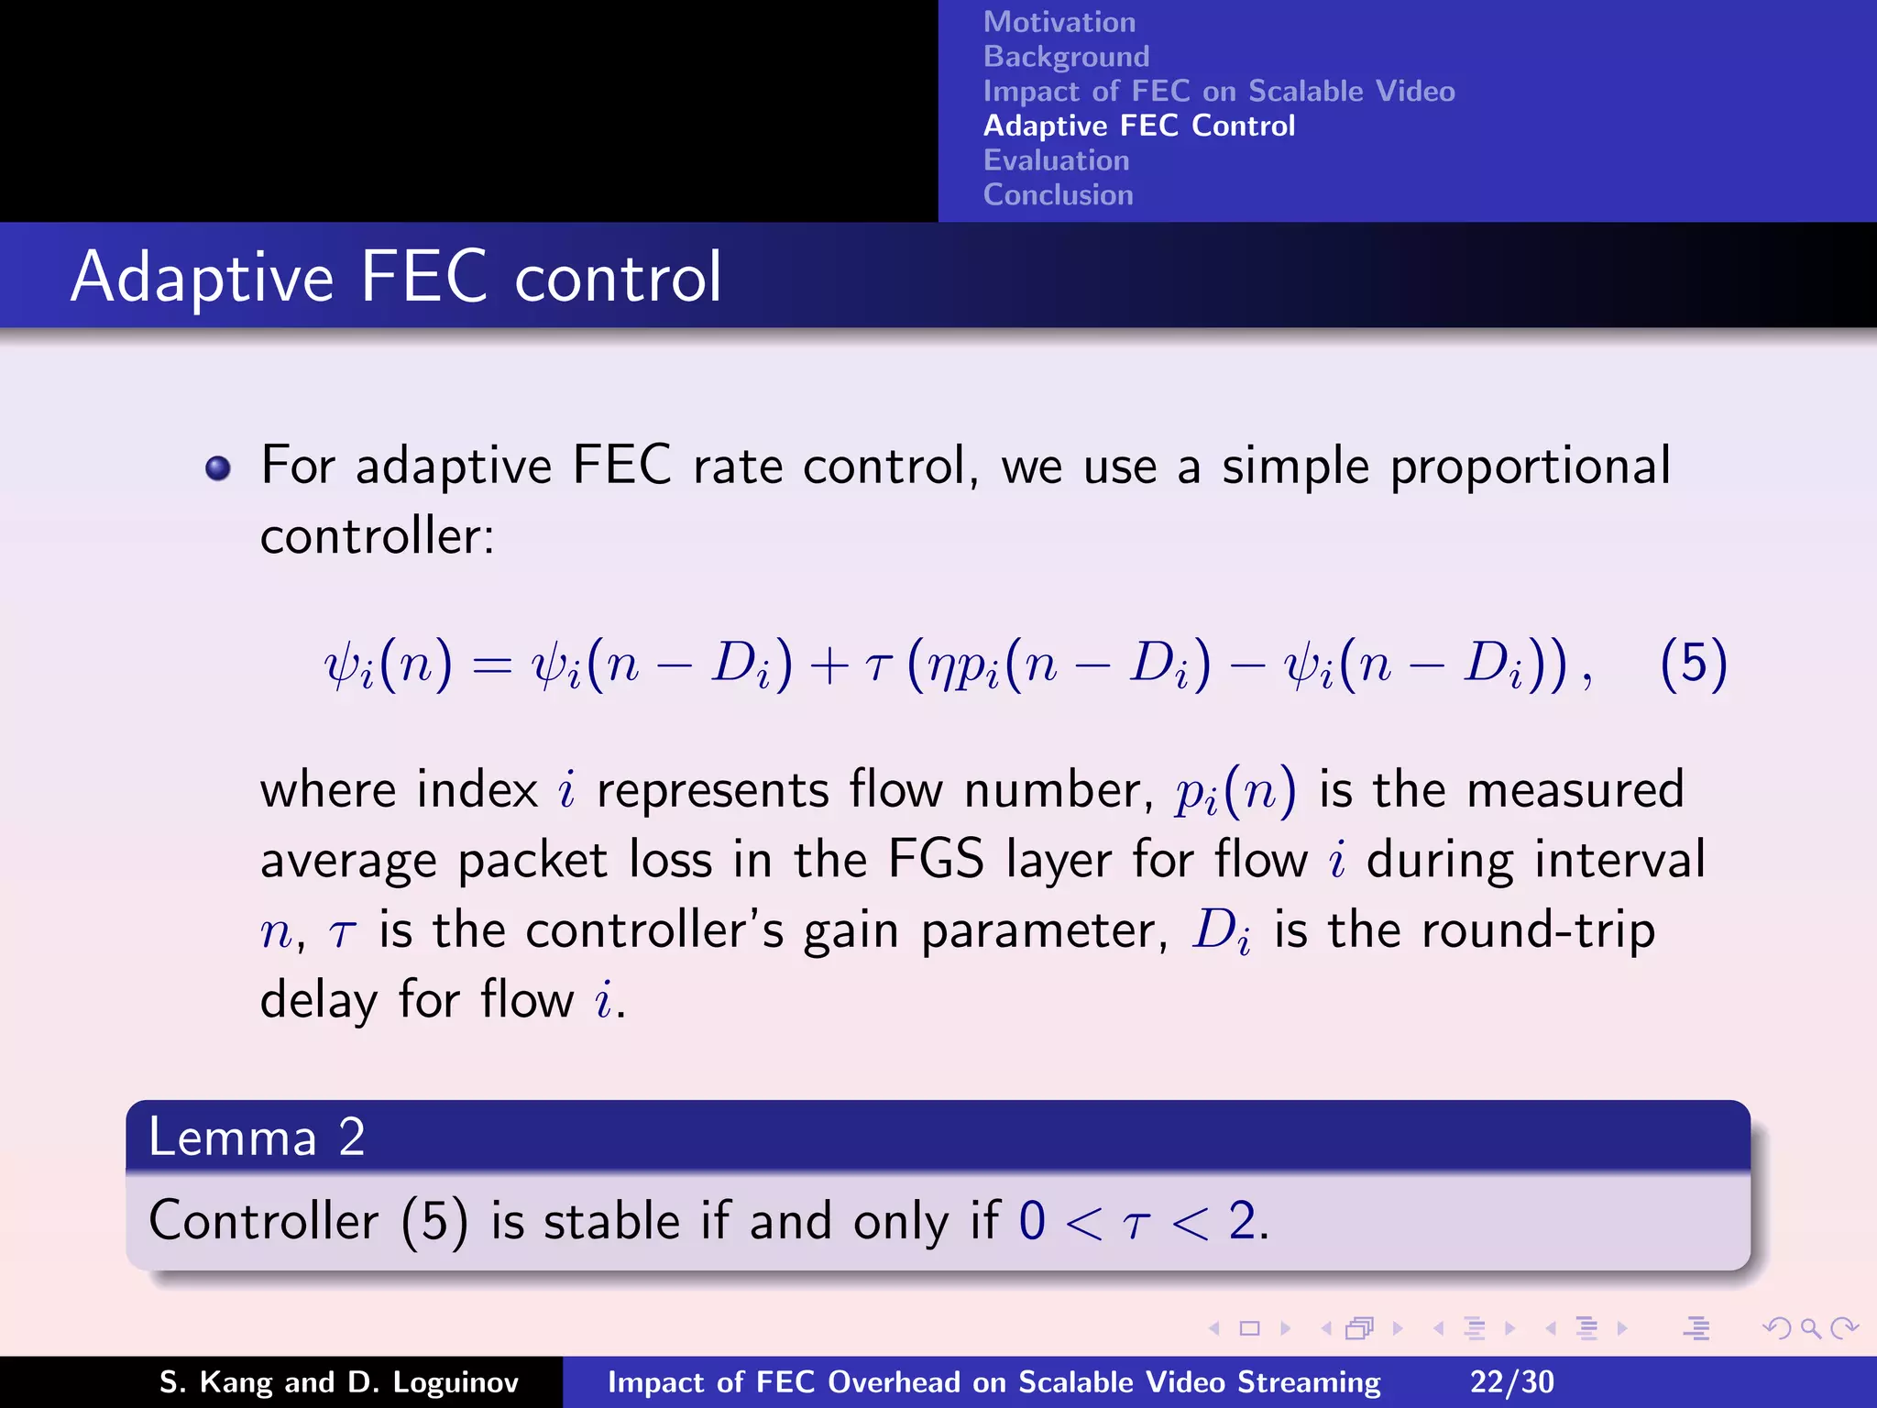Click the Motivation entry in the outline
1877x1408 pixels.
point(1059,22)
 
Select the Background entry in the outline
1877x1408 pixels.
point(1066,57)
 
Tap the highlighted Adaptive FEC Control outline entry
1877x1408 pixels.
point(1138,126)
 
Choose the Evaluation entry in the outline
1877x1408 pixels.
point(1056,160)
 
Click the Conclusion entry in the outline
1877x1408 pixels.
point(1058,195)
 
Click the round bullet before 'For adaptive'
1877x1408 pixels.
point(218,469)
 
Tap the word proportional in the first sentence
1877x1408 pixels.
point(1530,467)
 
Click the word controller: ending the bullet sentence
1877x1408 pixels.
point(377,536)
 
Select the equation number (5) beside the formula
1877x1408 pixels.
point(1693,664)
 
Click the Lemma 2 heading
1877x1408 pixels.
point(257,1137)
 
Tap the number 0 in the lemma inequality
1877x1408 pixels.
point(1032,1221)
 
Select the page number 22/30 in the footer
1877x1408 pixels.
point(1511,1381)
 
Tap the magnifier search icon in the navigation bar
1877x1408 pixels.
point(1809,1328)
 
